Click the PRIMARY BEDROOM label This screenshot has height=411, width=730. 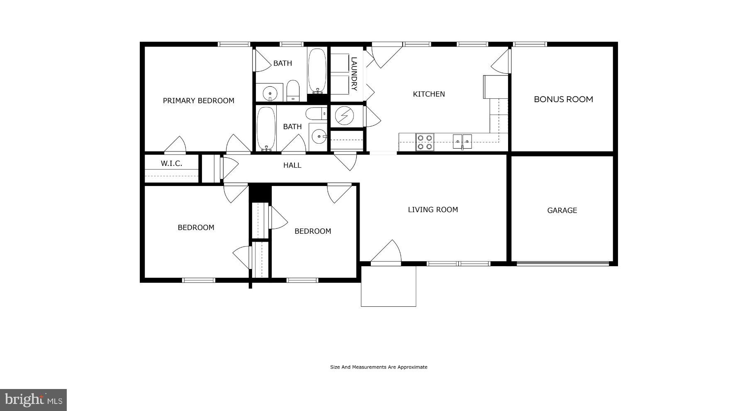coord(198,100)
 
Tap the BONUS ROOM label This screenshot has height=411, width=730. coord(563,99)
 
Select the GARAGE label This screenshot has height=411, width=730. coord(562,210)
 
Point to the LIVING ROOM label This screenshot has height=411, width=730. coord(433,210)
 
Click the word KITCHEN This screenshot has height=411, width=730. coord(429,94)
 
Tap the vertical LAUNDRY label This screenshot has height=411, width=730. coord(354,74)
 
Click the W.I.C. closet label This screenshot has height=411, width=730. coord(171,163)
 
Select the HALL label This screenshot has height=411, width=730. coord(292,165)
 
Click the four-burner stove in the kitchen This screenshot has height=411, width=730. coord(425,142)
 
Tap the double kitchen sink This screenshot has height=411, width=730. coord(462,142)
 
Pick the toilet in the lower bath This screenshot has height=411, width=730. coord(316,113)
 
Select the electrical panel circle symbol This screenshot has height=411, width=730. coord(343,116)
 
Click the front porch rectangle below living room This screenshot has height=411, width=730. coord(388,286)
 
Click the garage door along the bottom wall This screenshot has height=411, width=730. coord(562,263)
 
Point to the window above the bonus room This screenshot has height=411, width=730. coord(530,44)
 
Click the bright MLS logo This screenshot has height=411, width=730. coord(33,400)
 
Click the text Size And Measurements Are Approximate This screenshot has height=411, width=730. coord(378,367)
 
